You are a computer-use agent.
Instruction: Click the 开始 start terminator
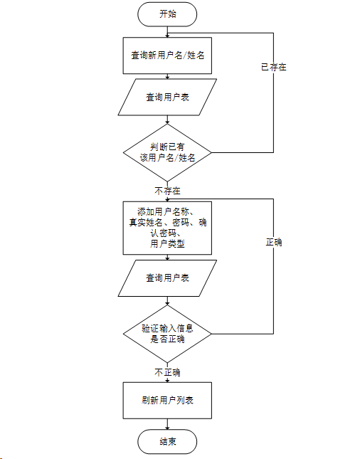click(167, 13)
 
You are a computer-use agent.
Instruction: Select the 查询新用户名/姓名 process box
click(167, 55)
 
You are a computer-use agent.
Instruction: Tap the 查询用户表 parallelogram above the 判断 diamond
click(167, 97)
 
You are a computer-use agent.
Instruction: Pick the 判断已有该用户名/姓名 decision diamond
click(167, 152)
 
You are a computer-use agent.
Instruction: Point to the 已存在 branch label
click(274, 68)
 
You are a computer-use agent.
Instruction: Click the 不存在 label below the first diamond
click(167, 191)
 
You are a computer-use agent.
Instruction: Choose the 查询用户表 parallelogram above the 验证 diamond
click(167, 278)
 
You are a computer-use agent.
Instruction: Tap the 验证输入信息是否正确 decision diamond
click(167, 333)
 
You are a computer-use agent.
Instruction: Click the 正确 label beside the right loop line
click(274, 242)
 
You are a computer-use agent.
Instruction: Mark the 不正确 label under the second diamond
click(167, 372)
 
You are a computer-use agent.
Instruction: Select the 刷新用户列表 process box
click(167, 400)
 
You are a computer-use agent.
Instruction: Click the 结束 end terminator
click(167, 442)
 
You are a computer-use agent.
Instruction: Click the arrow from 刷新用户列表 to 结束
click(167, 424)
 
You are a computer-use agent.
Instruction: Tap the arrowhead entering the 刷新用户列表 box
click(167, 381)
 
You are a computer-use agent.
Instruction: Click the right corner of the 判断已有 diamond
click(212, 152)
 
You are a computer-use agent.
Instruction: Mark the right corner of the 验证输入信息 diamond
click(212, 333)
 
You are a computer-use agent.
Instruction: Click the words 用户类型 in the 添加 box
click(167, 243)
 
